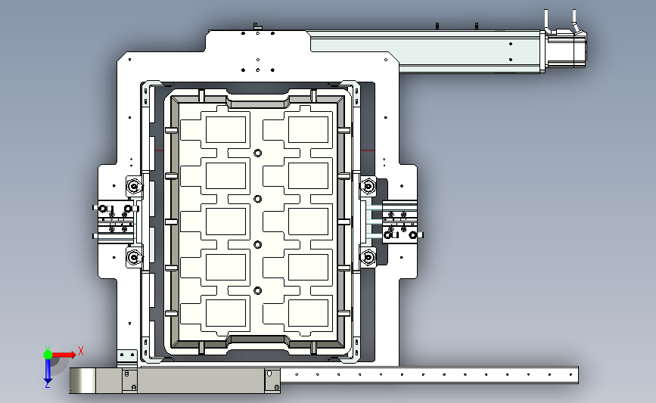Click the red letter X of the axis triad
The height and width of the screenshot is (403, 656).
[81, 351]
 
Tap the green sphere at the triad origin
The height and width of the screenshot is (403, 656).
[48, 355]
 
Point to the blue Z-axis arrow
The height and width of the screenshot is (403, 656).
[48, 370]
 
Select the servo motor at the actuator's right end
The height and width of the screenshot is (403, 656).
[564, 49]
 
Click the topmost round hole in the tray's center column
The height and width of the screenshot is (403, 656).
[258, 153]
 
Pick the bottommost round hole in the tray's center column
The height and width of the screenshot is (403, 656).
[258, 290]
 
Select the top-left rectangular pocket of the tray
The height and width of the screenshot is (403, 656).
[225, 129]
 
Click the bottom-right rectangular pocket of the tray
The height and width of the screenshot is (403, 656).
[309, 313]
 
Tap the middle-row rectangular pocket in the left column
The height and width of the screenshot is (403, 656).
[225, 221]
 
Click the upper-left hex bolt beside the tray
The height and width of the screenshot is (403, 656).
[134, 186]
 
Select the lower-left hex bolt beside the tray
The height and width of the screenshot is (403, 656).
[134, 257]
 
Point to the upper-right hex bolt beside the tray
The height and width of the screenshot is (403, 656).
[368, 186]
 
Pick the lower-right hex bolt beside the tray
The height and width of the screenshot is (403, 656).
[368, 257]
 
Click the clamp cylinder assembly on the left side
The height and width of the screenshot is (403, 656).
[116, 221]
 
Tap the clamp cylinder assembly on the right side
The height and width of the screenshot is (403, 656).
[396, 221]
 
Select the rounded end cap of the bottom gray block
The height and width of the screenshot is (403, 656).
[82, 380]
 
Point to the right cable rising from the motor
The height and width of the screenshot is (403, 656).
[575, 21]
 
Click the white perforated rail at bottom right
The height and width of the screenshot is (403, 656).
[429, 375]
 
